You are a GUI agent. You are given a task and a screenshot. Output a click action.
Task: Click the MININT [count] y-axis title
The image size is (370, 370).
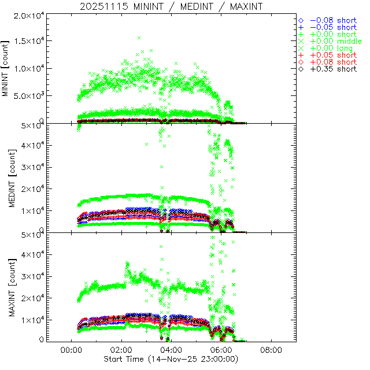point(6,68)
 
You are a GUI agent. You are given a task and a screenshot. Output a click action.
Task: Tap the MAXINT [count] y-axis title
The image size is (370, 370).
point(6,287)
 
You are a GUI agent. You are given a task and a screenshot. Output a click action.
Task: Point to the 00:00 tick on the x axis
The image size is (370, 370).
point(71,350)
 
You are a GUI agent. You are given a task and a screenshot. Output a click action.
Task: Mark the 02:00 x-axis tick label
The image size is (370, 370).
point(121,350)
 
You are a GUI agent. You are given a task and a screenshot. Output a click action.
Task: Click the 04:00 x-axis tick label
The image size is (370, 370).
point(171,350)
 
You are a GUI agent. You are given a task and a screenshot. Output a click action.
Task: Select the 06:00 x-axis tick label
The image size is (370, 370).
point(221,350)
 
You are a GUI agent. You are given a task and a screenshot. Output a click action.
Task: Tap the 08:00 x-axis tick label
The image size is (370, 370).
point(272,350)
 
